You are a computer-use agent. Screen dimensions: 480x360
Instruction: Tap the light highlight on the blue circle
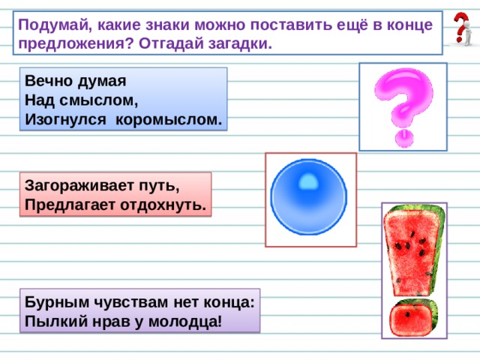click(308, 181)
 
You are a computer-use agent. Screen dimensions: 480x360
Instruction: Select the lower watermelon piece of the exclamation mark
click(413, 318)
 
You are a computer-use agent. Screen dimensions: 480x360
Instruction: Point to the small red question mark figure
click(462, 29)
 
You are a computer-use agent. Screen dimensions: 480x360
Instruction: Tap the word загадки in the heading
click(240, 43)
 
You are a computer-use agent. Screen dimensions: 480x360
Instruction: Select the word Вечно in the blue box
click(48, 81)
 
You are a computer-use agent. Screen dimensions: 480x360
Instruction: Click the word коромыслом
click(168, 120)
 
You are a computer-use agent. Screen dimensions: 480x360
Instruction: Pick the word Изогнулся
click(65, 120)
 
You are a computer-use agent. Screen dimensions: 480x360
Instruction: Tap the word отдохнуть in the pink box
click(163, 205)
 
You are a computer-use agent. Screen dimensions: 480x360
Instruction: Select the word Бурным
click(55, 302)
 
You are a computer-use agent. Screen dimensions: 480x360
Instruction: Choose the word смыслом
click(98, 100)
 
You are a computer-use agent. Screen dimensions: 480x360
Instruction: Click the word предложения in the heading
click(76, 44)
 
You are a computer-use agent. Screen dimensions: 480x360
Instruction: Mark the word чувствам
click(130, 303)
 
